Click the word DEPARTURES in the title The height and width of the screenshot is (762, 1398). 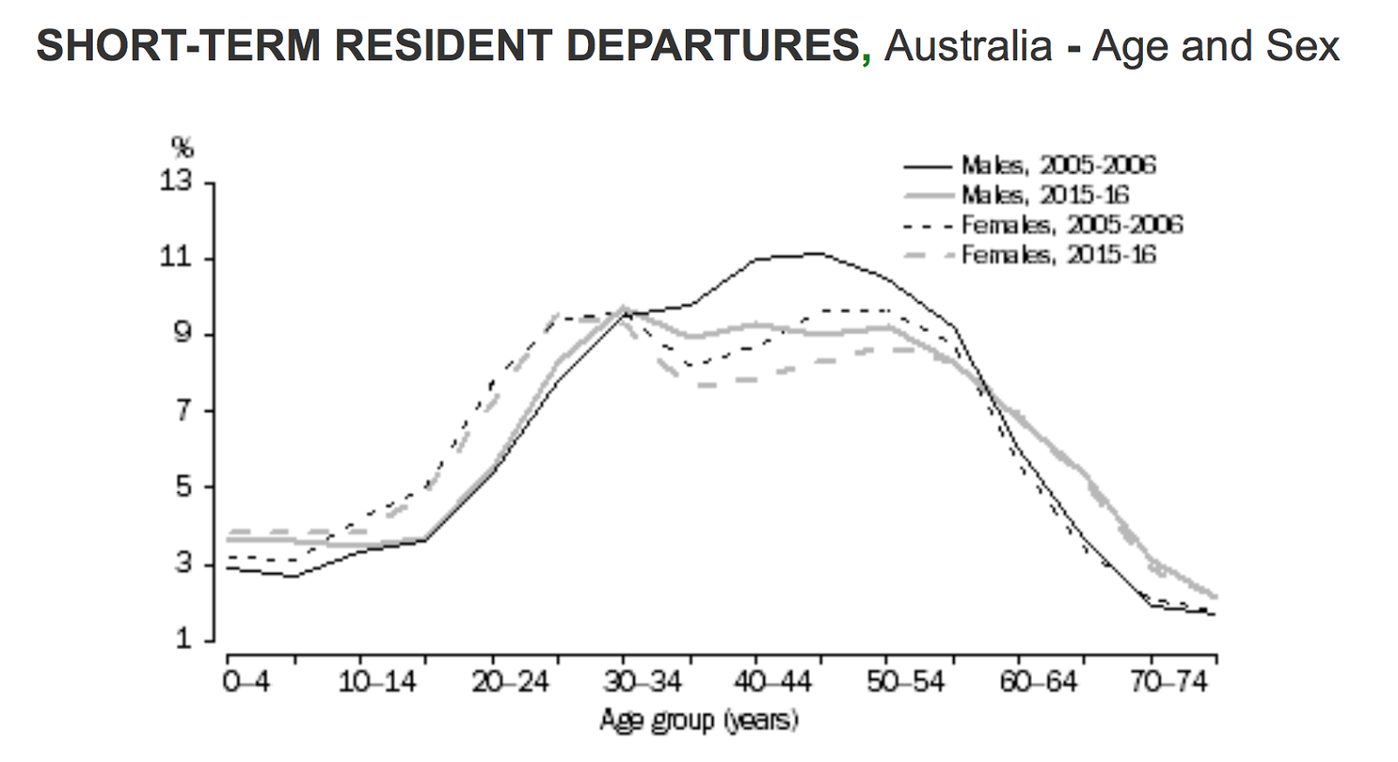point(713,45)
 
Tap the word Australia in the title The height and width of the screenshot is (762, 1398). point(968,45)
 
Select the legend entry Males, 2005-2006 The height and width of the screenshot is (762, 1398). point(1058,164)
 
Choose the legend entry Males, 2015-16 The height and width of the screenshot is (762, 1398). point(1045,194)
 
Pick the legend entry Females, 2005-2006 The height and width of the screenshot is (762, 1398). point(1071,225)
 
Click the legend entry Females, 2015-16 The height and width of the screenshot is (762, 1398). point(1058,254)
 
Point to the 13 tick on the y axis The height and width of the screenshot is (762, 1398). point(174,182)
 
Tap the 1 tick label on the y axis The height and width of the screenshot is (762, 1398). point(183,639)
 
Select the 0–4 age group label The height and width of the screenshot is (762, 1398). point(246,682)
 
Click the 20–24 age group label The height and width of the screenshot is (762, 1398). point(510,682)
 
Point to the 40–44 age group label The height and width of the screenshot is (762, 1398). point(773,682)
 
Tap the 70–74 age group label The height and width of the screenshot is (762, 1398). point(1169,682)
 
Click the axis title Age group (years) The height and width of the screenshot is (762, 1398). point(699,720)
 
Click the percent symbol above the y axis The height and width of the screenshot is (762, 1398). point(182,146)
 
